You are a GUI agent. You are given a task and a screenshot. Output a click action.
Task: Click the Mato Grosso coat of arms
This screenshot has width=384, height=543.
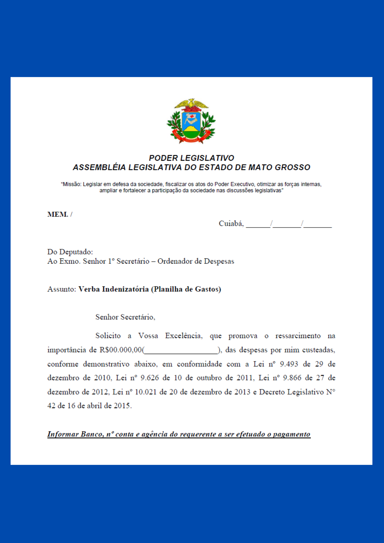click(x=191, y=121)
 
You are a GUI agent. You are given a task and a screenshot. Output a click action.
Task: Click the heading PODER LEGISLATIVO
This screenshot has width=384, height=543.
click(x=191, y=158)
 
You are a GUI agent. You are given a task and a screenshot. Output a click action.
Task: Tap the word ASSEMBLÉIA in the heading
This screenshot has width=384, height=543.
click(x=99, y=168)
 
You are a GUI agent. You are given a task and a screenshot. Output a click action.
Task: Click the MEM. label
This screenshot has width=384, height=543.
click(x=58, y=214)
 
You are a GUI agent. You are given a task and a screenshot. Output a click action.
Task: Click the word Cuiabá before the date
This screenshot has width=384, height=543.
click(x=231, y=224)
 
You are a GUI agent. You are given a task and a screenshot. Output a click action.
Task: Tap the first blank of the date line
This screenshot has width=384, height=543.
click(x=258, y=225)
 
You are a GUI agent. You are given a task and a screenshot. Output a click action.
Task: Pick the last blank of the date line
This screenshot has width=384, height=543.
click(x=318, y=225)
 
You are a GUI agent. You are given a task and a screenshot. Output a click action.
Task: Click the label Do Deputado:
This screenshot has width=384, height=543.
click(x=70, y=252)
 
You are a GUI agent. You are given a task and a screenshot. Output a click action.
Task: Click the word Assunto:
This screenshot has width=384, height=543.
click(x=62, y=289)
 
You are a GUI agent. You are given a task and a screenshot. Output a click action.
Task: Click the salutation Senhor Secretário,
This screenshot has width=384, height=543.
click(x=125, y=317)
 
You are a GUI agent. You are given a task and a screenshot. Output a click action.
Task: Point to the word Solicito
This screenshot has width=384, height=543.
click(x=108, y=336)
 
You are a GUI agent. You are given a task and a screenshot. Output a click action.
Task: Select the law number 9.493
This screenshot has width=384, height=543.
click(x=289, y=364)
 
